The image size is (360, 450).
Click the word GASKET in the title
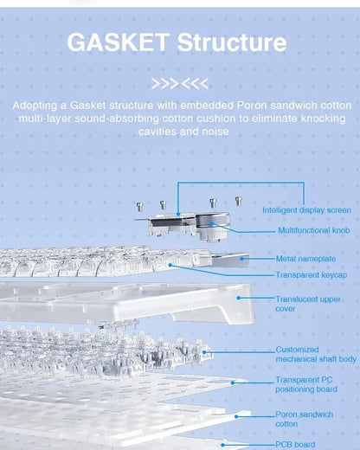tap(119, 42)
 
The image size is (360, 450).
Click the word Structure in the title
tap(232, 42)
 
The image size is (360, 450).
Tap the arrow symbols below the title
tap(180, 84)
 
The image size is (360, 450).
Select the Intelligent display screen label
tap(306, 210)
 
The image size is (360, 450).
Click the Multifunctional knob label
tap(314, 230)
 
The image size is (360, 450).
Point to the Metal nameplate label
tap(305, 259)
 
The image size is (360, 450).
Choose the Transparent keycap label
tap(311, 275)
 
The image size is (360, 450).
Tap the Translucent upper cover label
tap(308, 304)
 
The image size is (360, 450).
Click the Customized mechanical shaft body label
tap(316, 354)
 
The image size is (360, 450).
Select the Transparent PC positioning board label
tap(306, 384)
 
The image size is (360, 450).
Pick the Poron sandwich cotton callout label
tap(304, 419)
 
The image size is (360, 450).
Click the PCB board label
tap(295, 445)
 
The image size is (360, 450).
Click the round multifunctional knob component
tap(213, 222)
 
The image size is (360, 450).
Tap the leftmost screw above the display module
tap(140, 207)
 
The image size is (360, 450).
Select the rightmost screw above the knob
tap(238, 201)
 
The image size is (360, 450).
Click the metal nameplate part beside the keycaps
tap(230, 259)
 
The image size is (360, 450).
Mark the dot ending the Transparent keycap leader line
tap(170, 265)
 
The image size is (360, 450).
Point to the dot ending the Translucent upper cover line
tap(239, 298)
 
